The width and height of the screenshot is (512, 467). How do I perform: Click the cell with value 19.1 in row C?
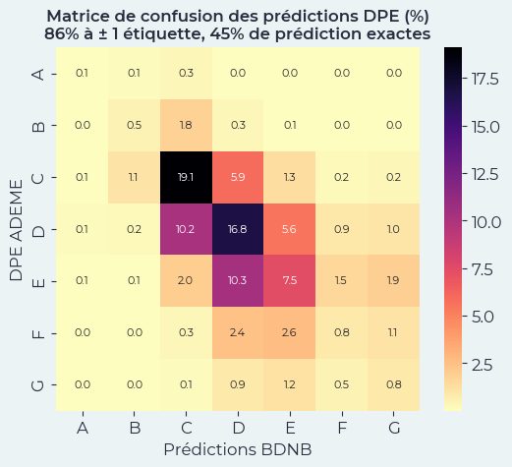(x=187, y=177)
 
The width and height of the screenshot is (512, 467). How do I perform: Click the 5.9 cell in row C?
(x=239, y=177)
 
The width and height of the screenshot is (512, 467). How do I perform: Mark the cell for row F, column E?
(x=291, y=332)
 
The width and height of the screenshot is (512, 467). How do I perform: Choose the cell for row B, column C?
(x=187, y=125)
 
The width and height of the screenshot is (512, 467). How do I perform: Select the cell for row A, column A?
(x=83, y=74)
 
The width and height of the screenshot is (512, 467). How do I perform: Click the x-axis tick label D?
(x=239, y=428)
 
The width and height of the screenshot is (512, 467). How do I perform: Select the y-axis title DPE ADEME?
(x=16, y=228)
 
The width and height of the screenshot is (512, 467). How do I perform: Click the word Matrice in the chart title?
(x=85, y=17)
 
